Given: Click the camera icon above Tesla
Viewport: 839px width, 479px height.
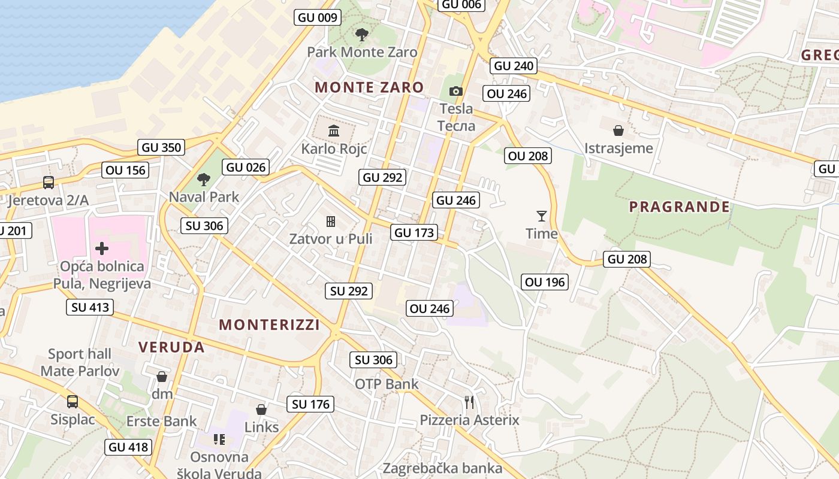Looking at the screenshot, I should click(x=456, y=91).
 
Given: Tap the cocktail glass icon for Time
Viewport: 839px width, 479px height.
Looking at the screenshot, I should click(x=542, y=216).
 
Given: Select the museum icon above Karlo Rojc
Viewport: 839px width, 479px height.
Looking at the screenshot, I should click(x=334, y=131).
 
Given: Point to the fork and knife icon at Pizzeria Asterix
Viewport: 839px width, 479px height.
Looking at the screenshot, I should click(x=469, y=402).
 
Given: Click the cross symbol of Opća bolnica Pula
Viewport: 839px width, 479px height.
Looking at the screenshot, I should click(x=102, y=247).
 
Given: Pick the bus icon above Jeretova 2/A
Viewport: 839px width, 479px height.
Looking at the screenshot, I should click(x=49, y=183).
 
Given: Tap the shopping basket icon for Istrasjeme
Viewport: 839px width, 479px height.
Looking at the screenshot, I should click(x=618, y=130).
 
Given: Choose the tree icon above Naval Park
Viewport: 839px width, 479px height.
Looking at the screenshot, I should click(x=204, y=178).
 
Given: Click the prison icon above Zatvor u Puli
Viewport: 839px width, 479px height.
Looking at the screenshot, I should click(x=330, y=222).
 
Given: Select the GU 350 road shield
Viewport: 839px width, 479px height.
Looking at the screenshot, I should click(x=161, y=147).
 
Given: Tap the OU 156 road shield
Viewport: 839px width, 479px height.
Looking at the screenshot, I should click(x=125, y=170).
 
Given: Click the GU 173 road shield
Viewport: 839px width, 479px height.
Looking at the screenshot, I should click(x=414, y=232).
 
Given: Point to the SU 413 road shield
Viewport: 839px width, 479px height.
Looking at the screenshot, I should click(x=90, y=308).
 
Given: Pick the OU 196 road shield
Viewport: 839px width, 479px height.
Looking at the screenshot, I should click(x=545, y=282).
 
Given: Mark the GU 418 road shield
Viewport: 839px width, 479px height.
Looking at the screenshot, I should click(x=128, y=447).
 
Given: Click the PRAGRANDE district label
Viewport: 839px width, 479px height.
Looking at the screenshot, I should click(x=680, y=207).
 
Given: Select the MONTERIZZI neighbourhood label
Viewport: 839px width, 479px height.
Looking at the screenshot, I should click(x=269, y=325).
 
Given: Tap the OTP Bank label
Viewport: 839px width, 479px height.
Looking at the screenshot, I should click(x=387, y=384).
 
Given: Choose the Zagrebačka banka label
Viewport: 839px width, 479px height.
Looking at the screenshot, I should click(x=442, y=468).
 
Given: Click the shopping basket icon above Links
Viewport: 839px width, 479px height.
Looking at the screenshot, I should click(x=261, y=410).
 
